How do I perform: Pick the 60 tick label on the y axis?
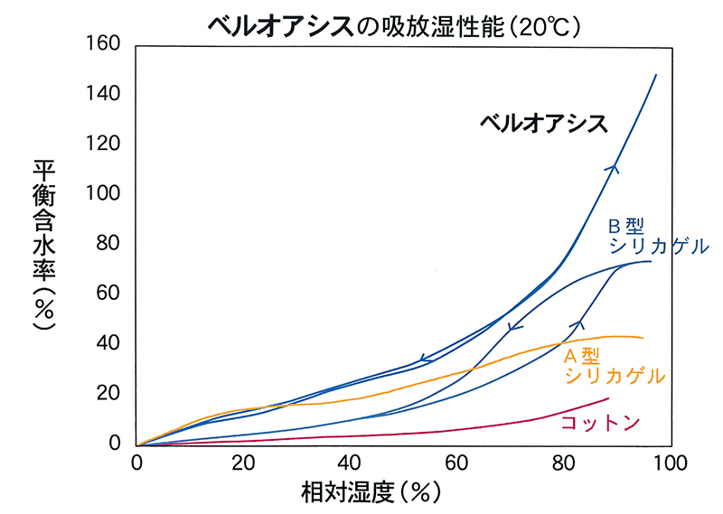click(112, 294)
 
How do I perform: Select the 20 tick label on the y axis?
click(112, 394)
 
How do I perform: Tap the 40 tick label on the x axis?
click(351, 463)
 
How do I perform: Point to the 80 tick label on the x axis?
click(564, 463)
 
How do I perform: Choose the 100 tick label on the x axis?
click(668, 463)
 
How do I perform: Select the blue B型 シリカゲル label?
click(656, 237)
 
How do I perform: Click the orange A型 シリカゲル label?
click(614, 366)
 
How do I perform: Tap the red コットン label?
click(601, 422)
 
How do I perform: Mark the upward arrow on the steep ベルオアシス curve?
click(615, 166)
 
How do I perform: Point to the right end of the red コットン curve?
click(609, 398)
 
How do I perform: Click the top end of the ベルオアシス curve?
click(656, 75)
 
